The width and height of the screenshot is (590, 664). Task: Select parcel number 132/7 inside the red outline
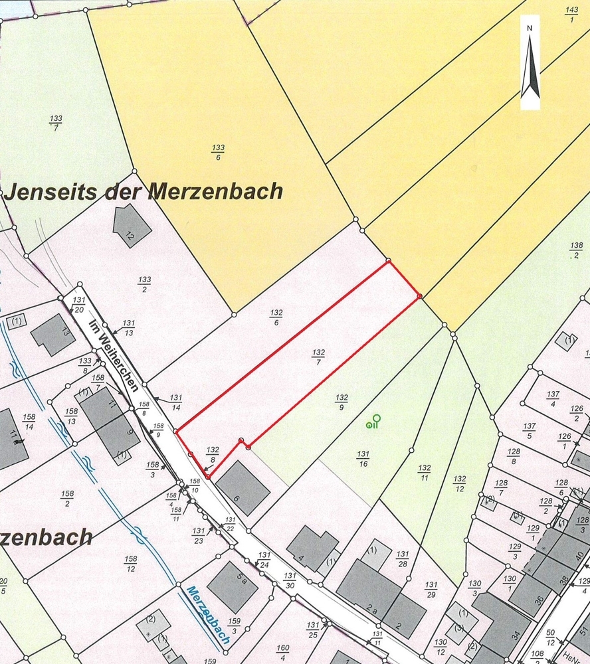318,357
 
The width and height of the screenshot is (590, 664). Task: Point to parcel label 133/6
218,152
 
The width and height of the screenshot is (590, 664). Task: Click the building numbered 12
131,226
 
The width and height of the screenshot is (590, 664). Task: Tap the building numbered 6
243,488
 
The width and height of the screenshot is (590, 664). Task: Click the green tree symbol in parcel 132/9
373,422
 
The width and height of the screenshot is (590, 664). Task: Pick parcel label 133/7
56,123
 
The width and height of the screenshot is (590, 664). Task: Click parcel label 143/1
571,14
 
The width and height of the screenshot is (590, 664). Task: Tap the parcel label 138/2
575,250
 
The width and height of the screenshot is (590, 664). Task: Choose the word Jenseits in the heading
50,192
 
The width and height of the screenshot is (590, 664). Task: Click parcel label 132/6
277,317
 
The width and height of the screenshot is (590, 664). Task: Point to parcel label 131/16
363,459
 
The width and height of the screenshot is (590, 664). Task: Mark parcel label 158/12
130,564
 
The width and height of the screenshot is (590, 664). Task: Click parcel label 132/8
213,454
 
